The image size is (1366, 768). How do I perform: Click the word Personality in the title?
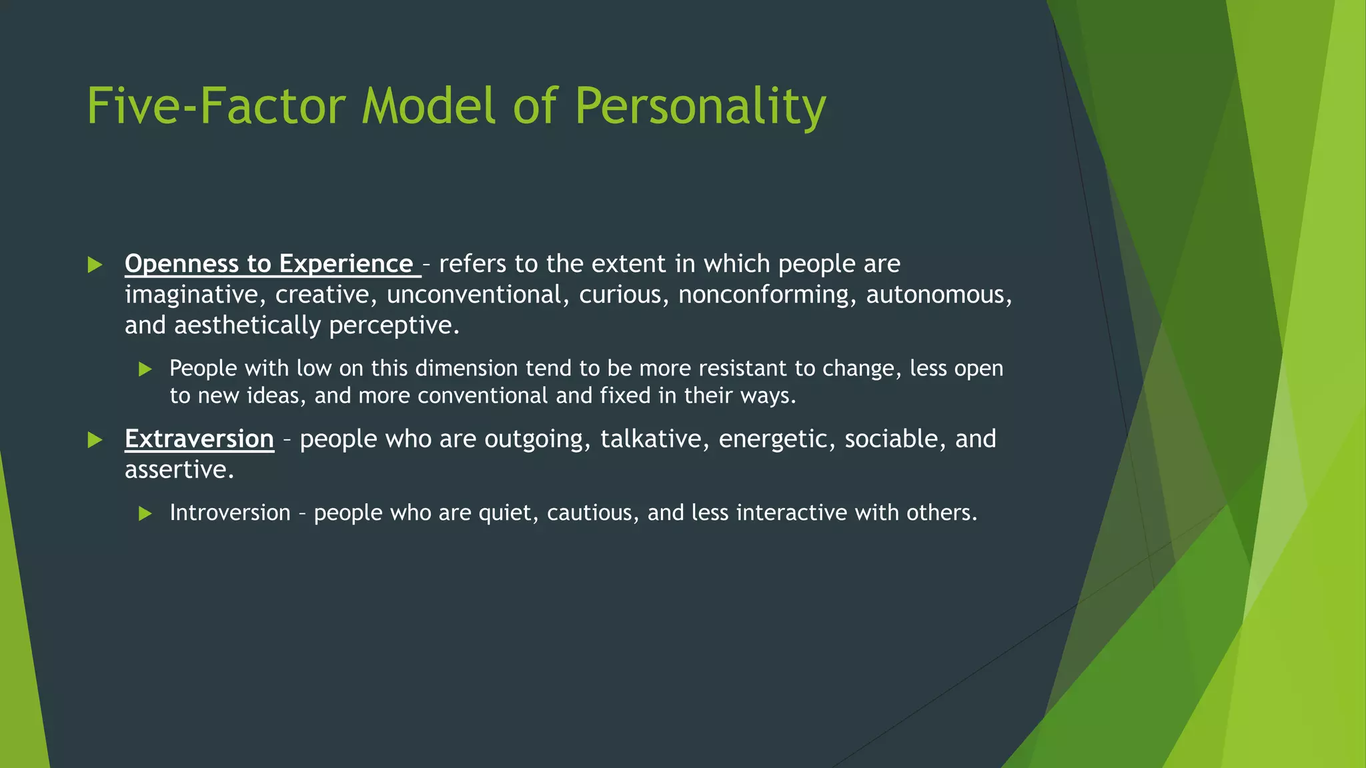pos(700,107)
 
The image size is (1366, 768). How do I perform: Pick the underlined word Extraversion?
pos(199,439)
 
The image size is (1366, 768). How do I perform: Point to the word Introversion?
pos(230,513)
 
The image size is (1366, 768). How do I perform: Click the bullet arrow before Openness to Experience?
pos(95,265)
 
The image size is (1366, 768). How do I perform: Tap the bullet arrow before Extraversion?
pos(95,440)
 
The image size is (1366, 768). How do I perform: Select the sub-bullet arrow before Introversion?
pos(145,513)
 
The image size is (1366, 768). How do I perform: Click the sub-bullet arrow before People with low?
pos(145,369)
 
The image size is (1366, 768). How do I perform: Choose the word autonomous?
pos(938,295)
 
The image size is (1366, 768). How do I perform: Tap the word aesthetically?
pos(248,326)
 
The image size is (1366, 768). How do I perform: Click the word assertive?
pos(179,470)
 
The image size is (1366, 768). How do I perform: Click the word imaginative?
pos(195,295)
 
